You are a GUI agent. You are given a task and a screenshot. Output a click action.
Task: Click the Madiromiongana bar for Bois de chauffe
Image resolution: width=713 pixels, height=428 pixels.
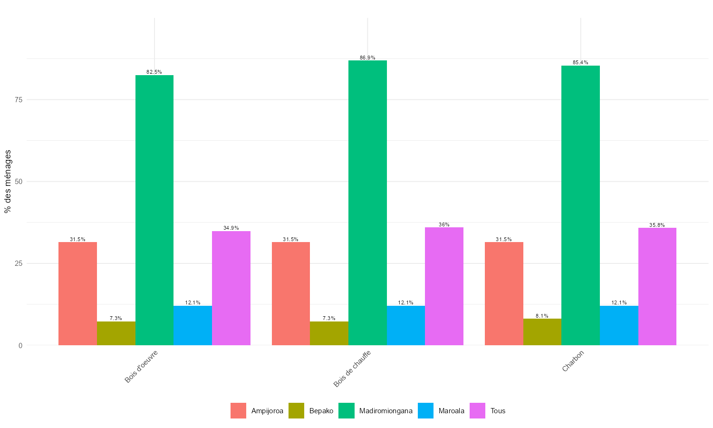click(x=367, y=203)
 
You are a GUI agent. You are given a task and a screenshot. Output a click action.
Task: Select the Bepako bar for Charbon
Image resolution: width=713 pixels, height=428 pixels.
click(x=542, y=332)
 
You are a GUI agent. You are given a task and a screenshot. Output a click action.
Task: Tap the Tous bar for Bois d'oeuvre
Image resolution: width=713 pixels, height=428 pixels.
click(x=231, y=288)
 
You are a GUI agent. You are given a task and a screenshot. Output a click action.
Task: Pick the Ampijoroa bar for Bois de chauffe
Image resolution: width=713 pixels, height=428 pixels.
click(x=291, y=293)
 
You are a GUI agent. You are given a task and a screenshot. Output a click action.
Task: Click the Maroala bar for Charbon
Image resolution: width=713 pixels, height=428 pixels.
click(x=619, y=325)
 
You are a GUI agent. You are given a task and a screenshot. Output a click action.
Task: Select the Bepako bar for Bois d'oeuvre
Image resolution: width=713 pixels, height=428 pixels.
click(x=116, y=333)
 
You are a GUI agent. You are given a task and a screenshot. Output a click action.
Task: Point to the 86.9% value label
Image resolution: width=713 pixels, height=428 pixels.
click(x=367, y=58)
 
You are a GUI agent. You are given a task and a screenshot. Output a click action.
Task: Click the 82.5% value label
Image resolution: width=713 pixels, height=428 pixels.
click(x=154, y=72)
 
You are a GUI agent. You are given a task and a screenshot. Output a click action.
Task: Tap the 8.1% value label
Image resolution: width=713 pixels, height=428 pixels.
click(x=542, y=316)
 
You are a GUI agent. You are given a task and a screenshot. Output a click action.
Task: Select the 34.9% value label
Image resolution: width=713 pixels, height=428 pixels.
click(x=231, y=228)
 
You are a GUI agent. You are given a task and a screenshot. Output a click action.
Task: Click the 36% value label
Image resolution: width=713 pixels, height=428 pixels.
click(x=444, y=224)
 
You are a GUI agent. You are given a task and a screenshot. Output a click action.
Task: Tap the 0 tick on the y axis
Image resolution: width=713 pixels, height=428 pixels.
click(x=20, y=345)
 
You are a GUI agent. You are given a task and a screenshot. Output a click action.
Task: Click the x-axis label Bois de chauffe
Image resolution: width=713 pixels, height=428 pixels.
click(x=352, y=369)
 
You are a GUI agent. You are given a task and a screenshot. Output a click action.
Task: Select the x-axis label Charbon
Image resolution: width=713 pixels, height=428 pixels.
click(x=573, y=361)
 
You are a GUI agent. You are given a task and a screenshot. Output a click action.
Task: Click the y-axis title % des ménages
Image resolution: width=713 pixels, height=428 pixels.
click(x=8, y=181)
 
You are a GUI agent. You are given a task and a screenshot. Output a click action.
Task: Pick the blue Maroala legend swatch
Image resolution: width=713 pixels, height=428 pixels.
click(x=426, y=411)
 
